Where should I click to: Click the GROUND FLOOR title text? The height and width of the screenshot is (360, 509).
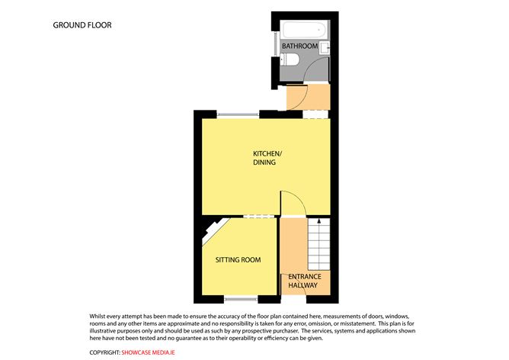coord(82,25)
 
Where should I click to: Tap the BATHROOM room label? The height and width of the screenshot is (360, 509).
coord(299,46)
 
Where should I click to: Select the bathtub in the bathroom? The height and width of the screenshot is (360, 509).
coord(305,30)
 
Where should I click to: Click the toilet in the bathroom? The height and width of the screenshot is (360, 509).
coord(290,59)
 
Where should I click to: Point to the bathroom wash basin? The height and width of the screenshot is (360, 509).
coord(325,48)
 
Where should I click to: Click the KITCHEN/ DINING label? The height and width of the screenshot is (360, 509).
coord(267,158)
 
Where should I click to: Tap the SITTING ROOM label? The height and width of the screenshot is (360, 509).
coord(238,260)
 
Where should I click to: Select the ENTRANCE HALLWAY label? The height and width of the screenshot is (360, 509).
coord(305,281)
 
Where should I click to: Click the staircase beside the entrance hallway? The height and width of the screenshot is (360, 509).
coord(319,244)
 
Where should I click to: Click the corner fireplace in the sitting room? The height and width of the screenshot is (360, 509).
coord(213,230)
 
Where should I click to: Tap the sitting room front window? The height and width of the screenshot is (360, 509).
coord(241,298)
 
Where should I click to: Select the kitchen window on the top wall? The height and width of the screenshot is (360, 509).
coord(238,114)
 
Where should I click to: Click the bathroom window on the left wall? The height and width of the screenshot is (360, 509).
coord(277,43)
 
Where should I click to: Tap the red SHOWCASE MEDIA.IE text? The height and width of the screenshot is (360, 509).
coord(149,352)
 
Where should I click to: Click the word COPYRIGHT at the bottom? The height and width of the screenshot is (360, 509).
coord(105,352)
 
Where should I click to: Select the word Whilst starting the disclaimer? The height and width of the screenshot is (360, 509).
coord(97,316)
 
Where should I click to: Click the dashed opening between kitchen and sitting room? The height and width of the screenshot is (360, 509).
coord(259,217)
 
